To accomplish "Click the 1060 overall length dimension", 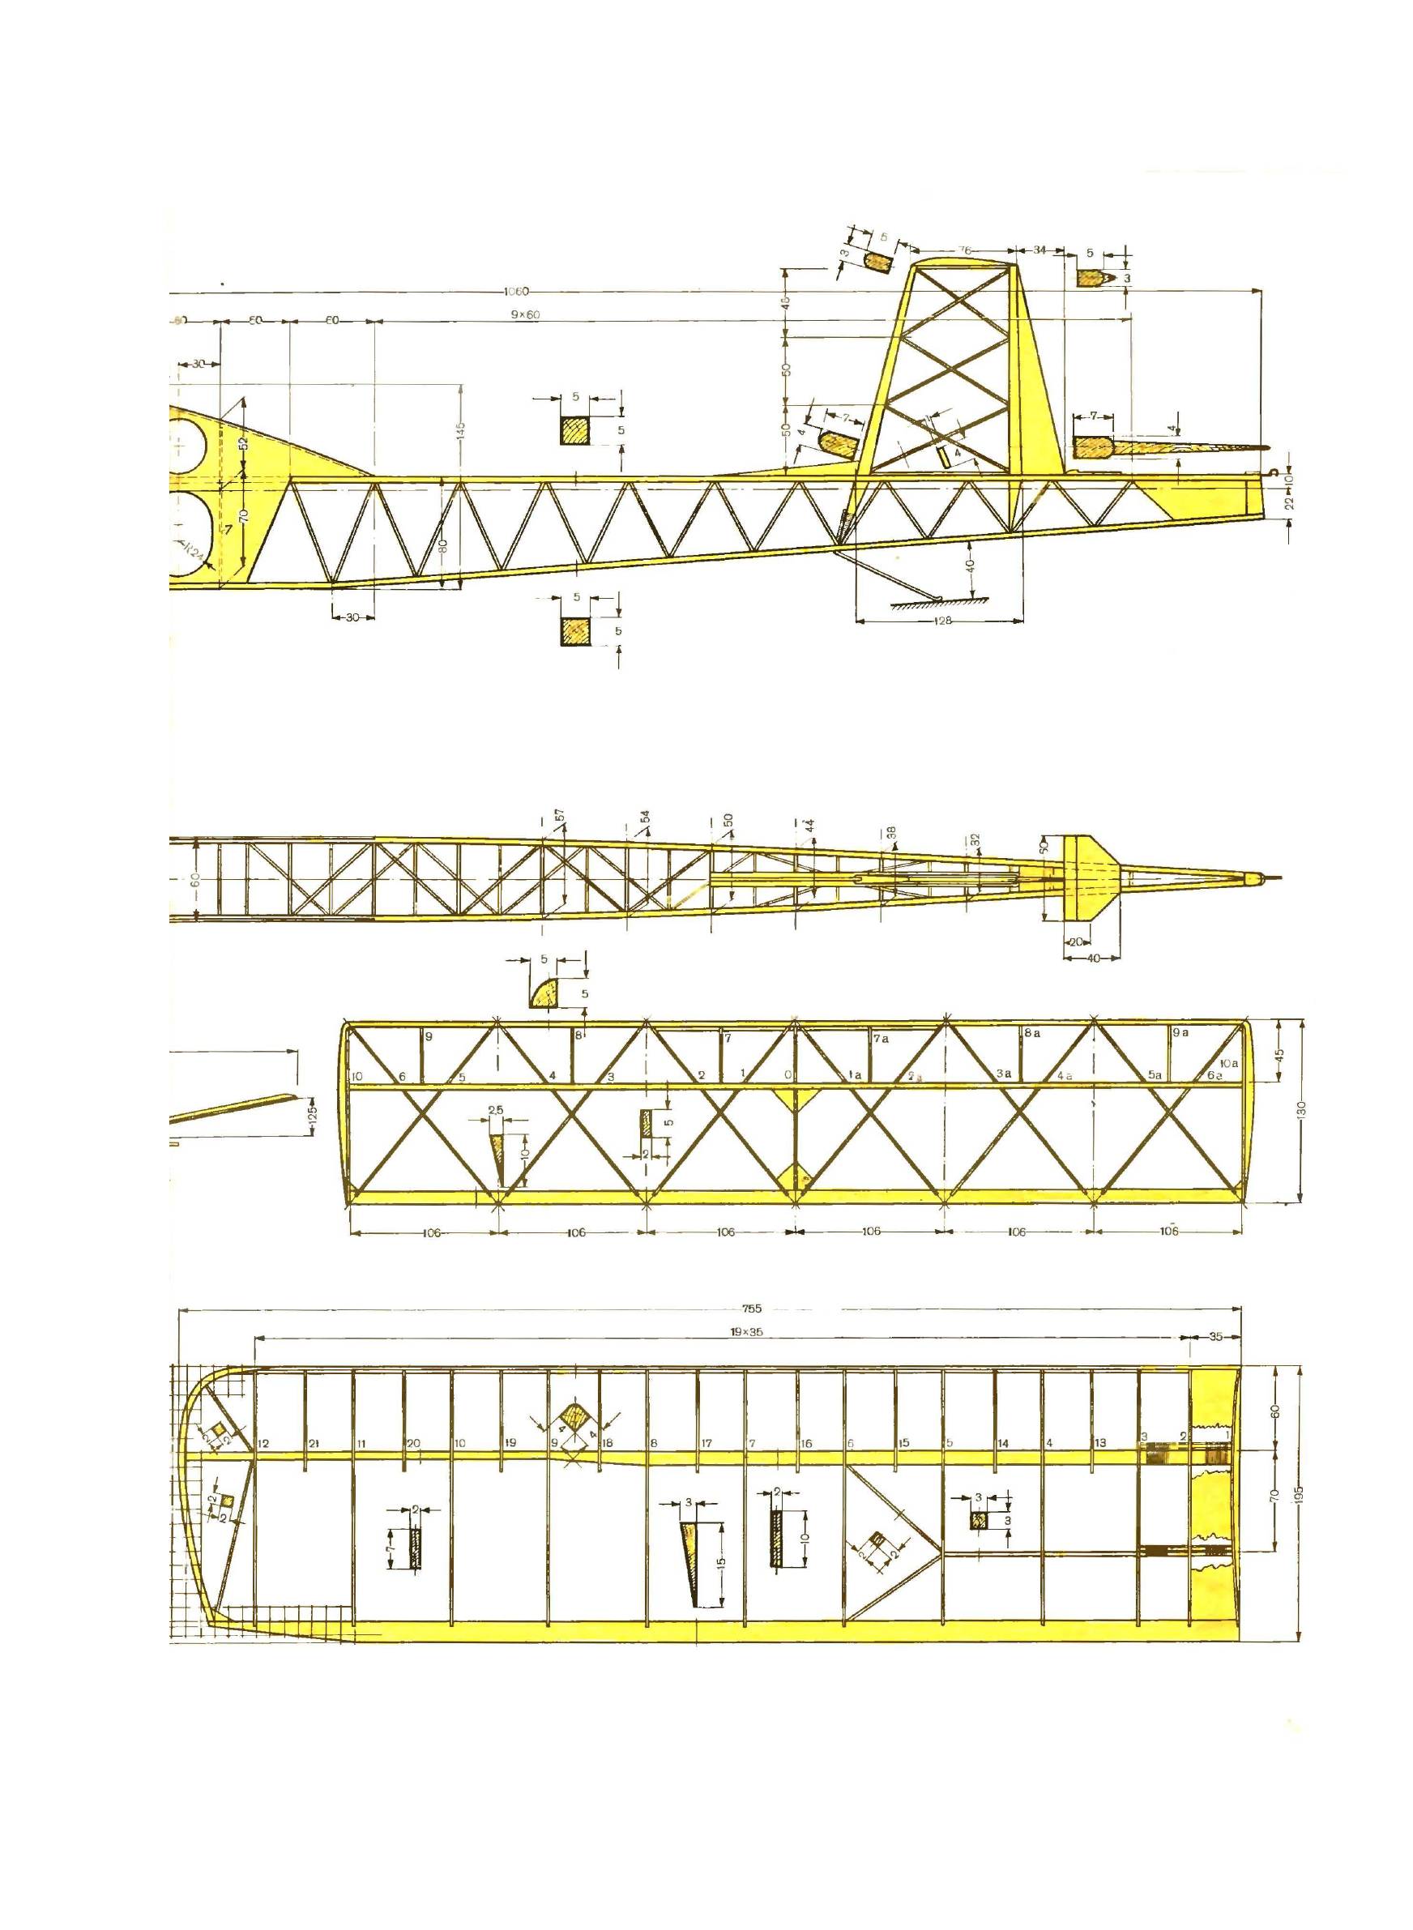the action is tap(517, 292).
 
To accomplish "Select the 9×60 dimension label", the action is tap(527, 315).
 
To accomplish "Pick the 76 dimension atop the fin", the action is tap(965, 250).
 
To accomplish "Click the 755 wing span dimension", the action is tap(752, 1308).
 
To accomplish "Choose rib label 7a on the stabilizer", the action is tap(881, 1038).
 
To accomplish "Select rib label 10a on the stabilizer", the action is tap(1229, 1063).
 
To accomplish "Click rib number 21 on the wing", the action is tap(314, 1445).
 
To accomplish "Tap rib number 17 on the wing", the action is tap(707, 1445).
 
